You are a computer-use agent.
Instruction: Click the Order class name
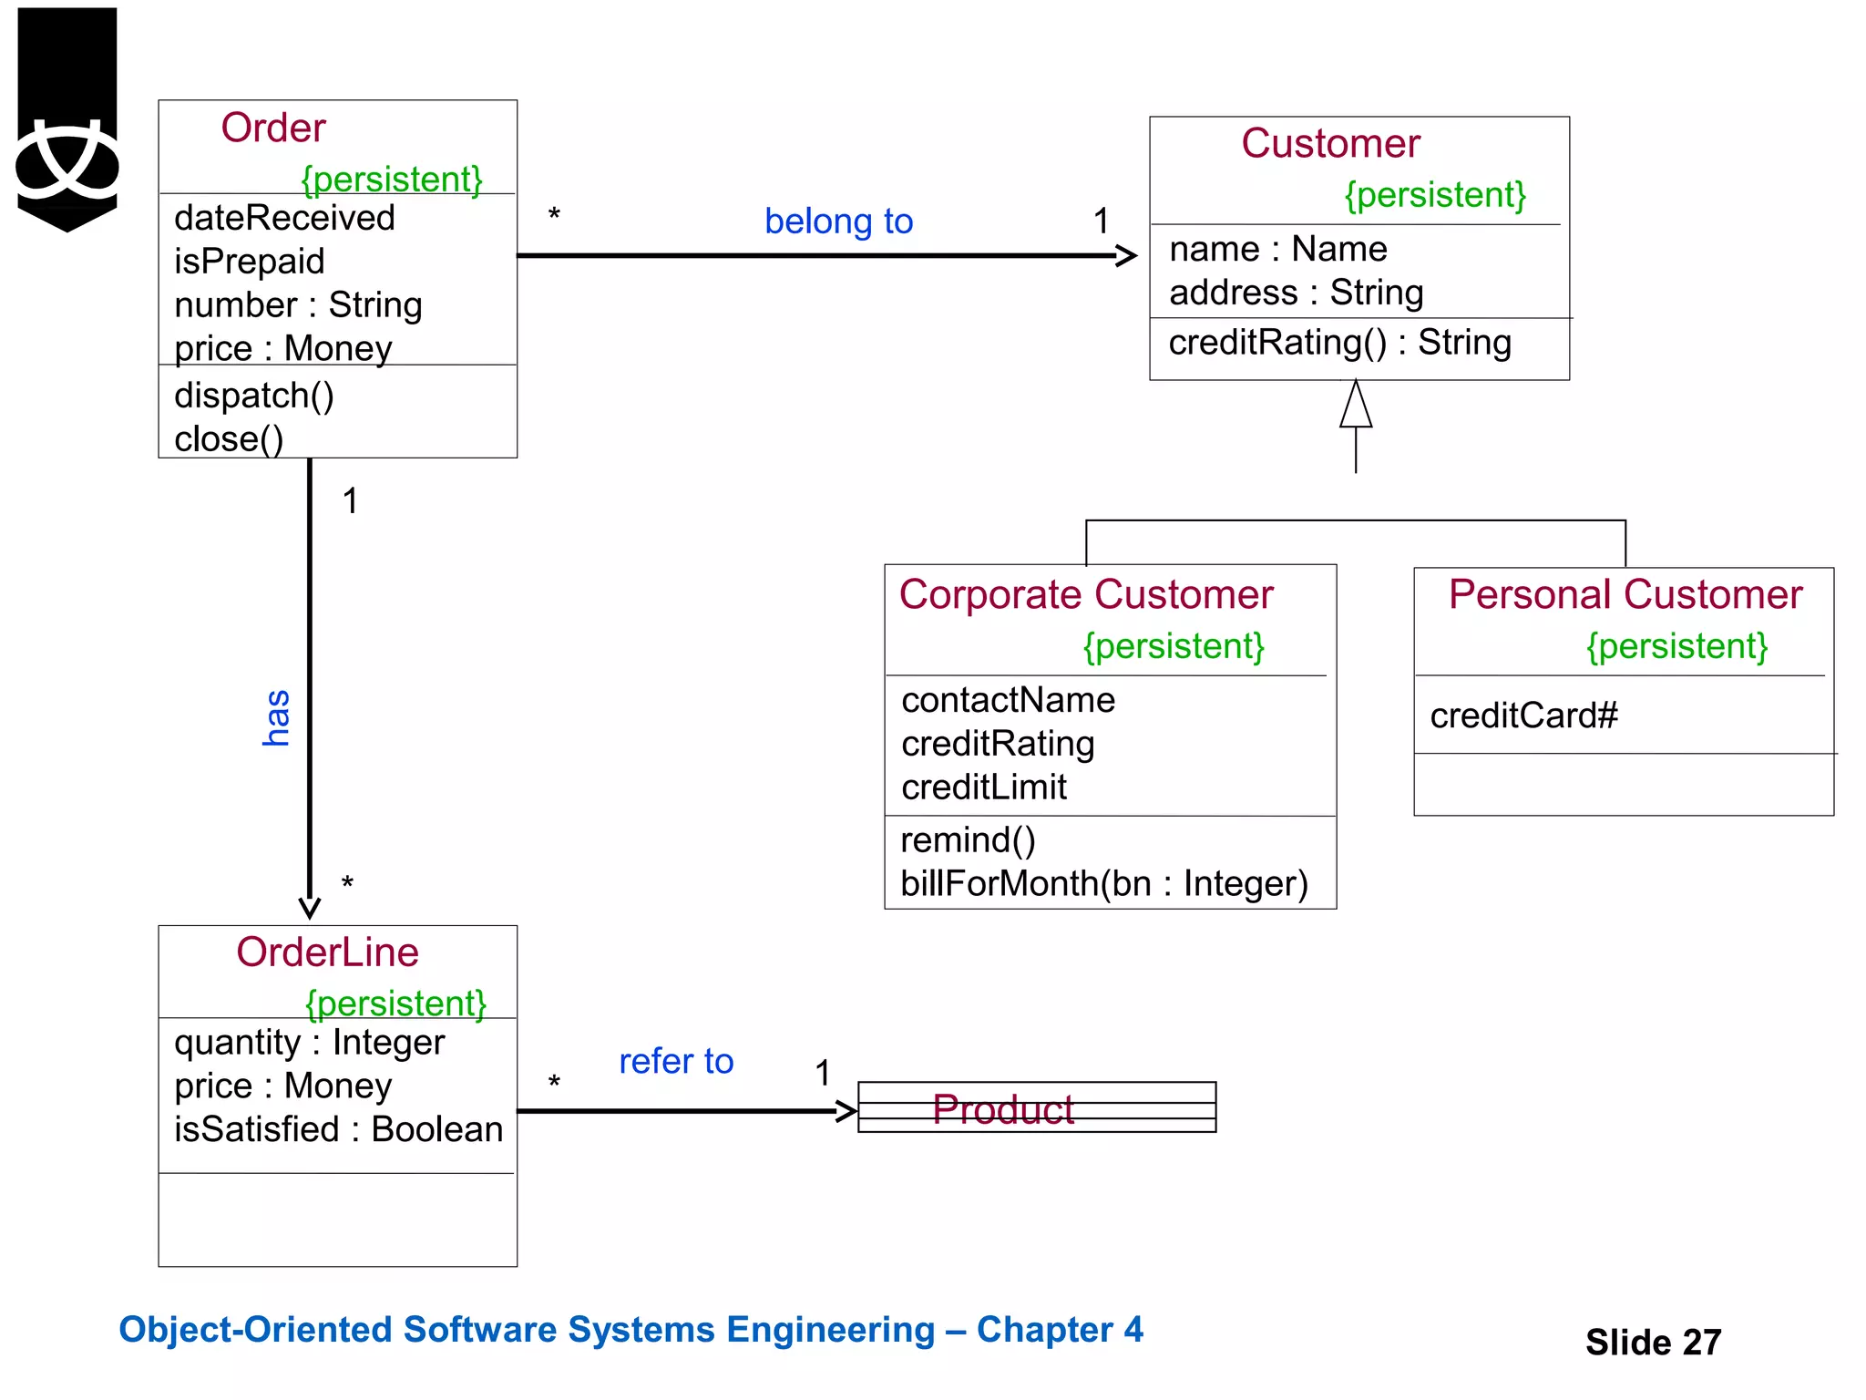pos(273,128)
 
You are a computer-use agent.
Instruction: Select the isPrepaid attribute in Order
pos(250,262)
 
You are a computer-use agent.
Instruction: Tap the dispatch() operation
pos(254,396)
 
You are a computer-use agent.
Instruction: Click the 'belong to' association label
pos(838,221)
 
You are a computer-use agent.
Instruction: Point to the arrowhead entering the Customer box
pos(1128,256)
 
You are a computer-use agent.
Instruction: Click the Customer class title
pos(1330,144)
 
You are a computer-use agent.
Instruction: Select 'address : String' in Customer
pos(1296,293)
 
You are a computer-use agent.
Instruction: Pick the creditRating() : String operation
pos(1339,343)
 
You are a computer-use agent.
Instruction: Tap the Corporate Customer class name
pos(1086,595)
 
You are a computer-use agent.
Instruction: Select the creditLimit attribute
pos(984,787)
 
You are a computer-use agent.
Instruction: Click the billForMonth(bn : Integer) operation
pos(1103,884)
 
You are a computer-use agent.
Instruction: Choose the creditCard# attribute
pos(1523,716)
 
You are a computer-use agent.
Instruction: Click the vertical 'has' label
pos(276,718)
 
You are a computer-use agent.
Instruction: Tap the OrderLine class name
pos(327,952)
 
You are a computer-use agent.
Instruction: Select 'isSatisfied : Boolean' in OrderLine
pos(338,1129)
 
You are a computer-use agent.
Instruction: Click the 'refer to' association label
pos(676,1062)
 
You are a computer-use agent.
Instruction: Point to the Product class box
pos(1037,1107)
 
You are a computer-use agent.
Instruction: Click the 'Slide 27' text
pos(1653,1343)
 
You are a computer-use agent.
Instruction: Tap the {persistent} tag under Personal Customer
pos(1676,646)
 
